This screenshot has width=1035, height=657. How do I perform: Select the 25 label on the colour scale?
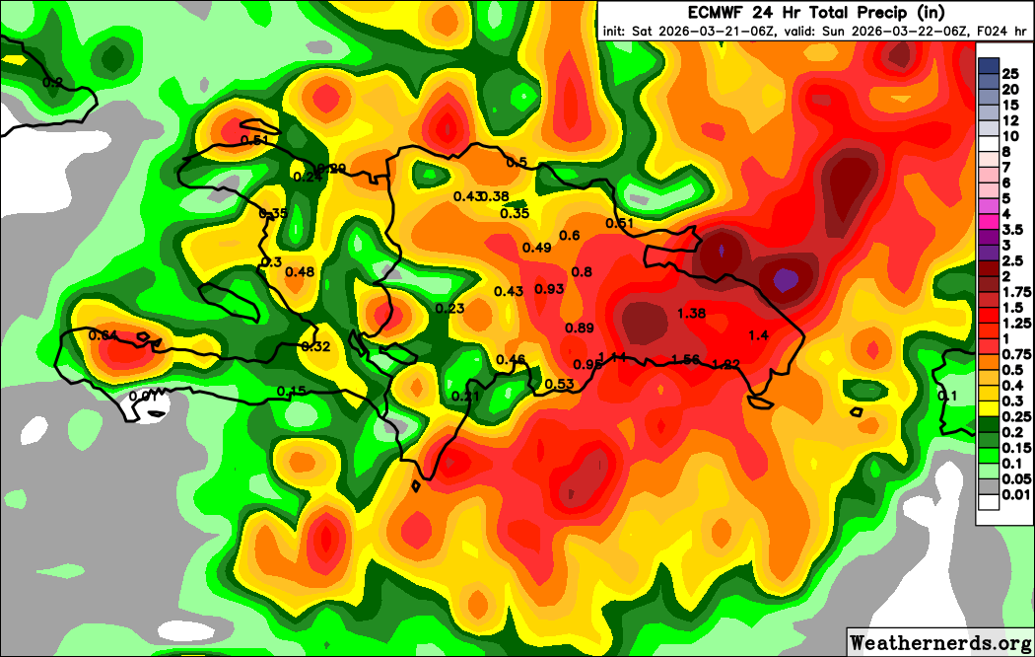[1009, 74]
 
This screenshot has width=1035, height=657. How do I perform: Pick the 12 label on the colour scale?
[1009, 120]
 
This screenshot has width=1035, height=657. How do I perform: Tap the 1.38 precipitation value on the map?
[693, 313]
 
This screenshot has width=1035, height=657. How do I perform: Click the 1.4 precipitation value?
[758, 335]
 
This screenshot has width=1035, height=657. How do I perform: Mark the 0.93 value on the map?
[549, 289]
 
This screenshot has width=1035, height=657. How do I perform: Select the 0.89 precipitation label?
[580, 328]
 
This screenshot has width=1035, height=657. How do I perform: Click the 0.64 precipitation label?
[103, 335]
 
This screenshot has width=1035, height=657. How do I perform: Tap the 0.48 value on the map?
[300, 272]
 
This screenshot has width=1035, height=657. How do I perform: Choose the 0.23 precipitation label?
[449, 309]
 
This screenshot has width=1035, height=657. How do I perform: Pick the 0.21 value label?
[464, 397]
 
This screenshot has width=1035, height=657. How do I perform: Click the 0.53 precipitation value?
[559, 384]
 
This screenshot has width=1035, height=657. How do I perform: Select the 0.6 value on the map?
[570, 235]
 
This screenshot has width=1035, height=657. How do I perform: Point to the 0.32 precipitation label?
[315, 346]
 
